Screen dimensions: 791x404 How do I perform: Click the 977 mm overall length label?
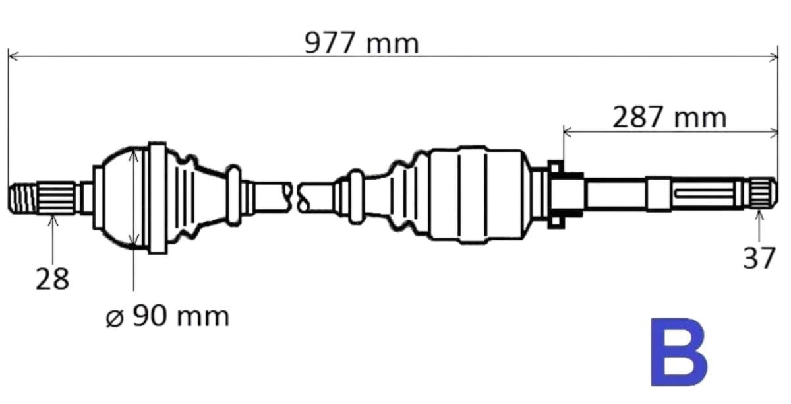coord(361,44)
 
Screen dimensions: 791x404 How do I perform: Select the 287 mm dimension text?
coord(670,118)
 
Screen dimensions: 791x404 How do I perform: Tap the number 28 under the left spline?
coord(52,279)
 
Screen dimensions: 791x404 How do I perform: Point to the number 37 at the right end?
coord(759,258)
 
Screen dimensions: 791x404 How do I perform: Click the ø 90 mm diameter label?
coord(167,316)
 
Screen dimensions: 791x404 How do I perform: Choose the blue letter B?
coord(679,352)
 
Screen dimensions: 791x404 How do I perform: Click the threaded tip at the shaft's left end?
coord(22,198)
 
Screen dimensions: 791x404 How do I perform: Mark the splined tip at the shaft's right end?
coord(763,193)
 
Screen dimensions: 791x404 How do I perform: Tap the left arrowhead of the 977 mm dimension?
coord(13,56)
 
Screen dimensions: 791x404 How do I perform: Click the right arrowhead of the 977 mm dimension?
coord(773,57)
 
